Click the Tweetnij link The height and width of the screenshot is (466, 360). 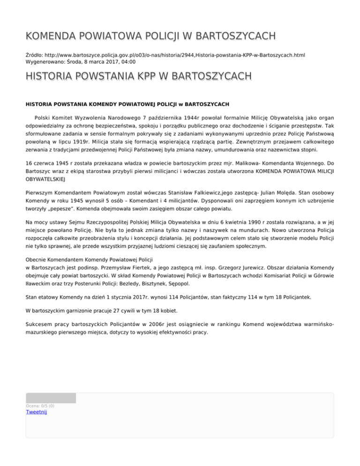coord(37,412)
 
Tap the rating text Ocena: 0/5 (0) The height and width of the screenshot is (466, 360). coord(40,406)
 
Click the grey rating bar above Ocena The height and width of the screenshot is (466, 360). coord(51,398)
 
